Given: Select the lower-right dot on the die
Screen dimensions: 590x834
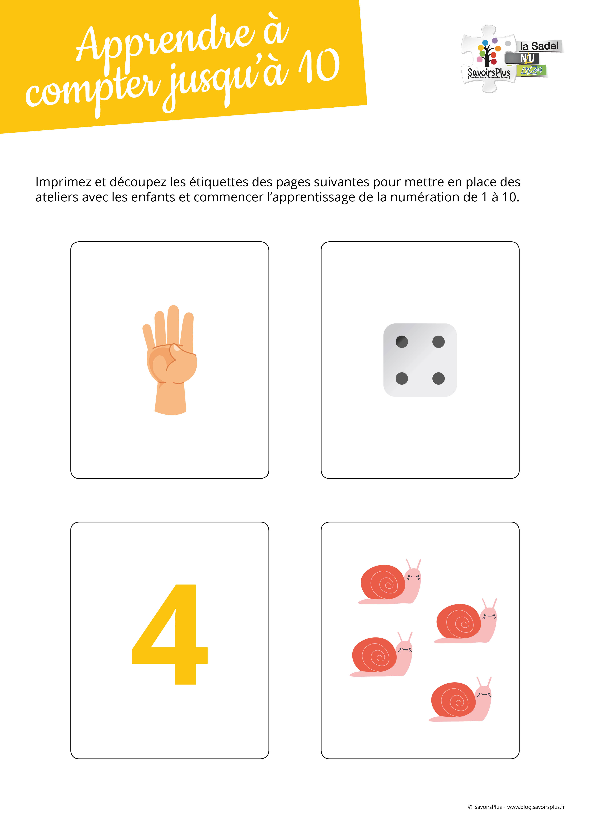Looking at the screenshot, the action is click(438, 378).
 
